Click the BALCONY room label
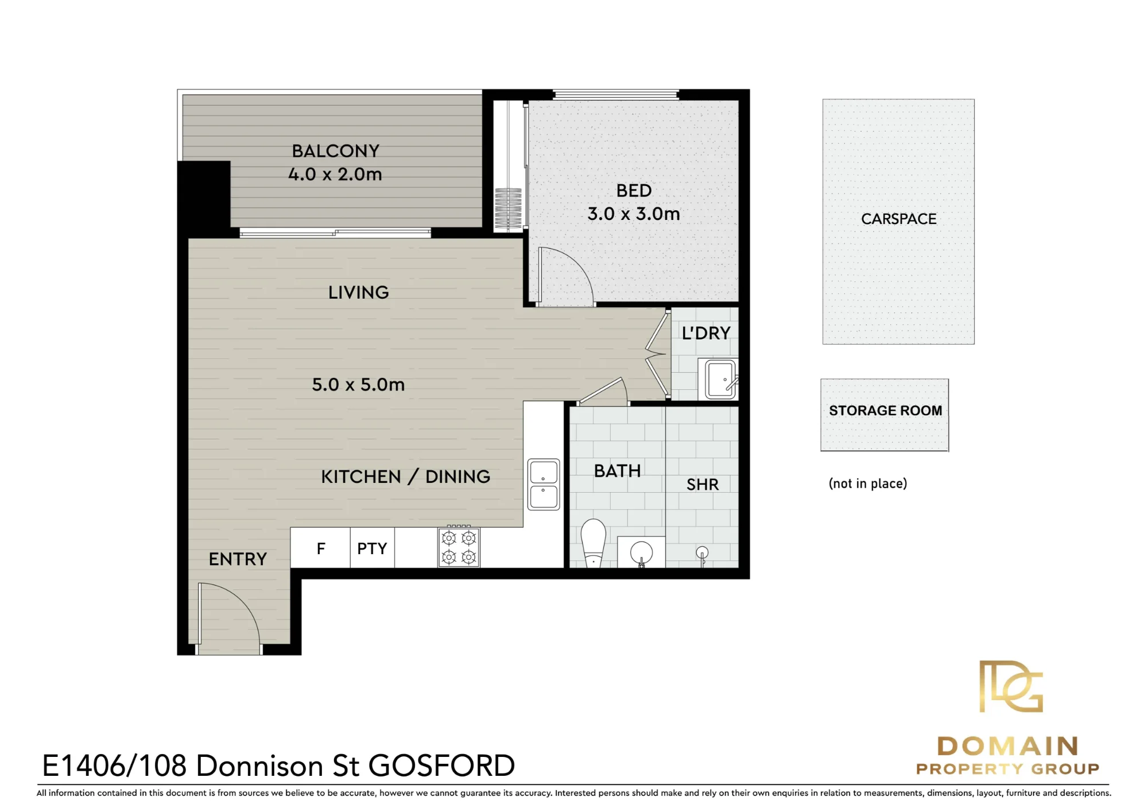pyautogui.click(x=336, y=151)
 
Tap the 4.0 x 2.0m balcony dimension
pyautogui.click(x=335, y=174)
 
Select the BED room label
pyautogui.click(x=634, y=191)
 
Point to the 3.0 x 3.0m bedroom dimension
pyautogui.click(x=634, y=214)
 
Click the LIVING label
pyautogui.click(x=359, y=292)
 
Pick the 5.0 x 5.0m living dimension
pyautogui.click(x=358, y=384)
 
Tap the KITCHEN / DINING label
pyautogui.click(x=406, y=477)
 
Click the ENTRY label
pyautogui.click(x=238, y=559)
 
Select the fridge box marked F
pyautogui.click(x=320, y=548)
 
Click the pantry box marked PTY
pyautogui.click(x=372, y=548)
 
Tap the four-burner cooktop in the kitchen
pyautogui.click(x=459, y=547)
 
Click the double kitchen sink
pyautogui.click(x=544, y=484)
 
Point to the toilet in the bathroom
pyautogui.click(x=594, y=543)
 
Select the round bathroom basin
pyautogui.click(x=641, y=553)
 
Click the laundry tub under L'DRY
pyautogui.click(x=718, y=378)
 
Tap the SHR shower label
pyautogui.click(x=703, y=485)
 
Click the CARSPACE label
pyautogui.click(x=899, y=219)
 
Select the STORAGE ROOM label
pyautogui.click(x=886, y=411)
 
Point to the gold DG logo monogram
pyautogui.click(x=1011, y=686)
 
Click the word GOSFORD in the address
pyautogui.click(x=441, y=765)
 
